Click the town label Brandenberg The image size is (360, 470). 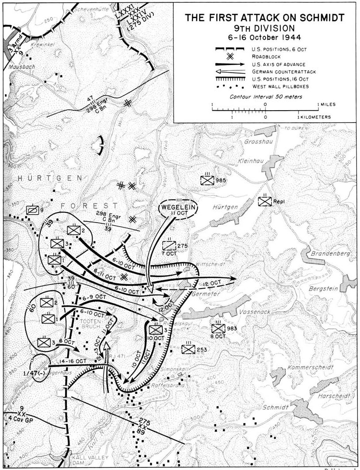click(x=330, y=254)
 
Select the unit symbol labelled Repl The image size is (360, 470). click(x=265, y=202)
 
